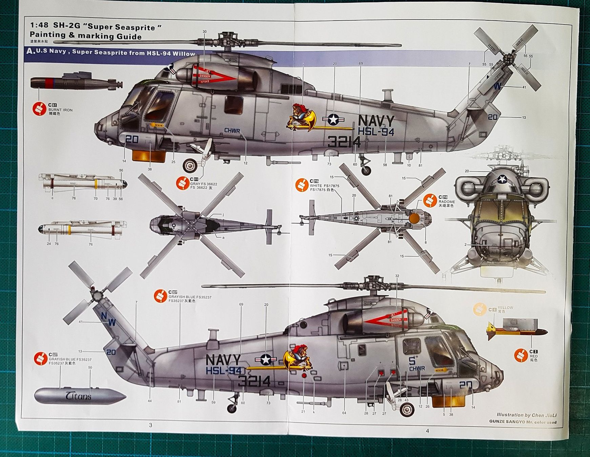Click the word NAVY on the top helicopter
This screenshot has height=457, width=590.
pos(376,121)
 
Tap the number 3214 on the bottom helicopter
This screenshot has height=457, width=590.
pos(254,381)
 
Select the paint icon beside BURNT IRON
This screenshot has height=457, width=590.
pos(39,109)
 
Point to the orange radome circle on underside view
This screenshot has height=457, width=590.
pos(414,219)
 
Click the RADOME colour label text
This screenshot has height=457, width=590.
pos(447,201)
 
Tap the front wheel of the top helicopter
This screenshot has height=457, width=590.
pos(190,166)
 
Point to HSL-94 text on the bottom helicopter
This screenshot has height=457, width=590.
pos(223,370)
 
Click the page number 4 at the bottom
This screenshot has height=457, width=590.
pos(427,431)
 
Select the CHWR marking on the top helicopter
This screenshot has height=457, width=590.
pos(232,131)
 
